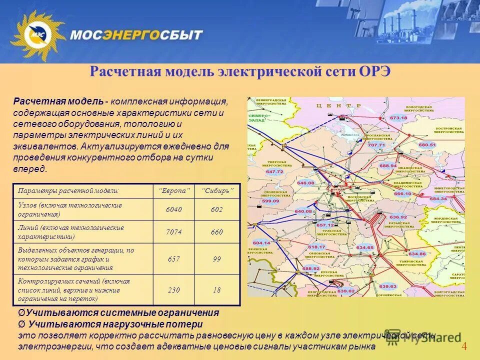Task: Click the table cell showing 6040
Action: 174,209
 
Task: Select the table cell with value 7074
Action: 174,232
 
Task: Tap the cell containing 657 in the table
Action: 174,259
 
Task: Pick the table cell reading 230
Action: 174,290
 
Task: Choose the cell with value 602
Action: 216,209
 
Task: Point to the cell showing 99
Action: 216,259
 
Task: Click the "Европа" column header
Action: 174,191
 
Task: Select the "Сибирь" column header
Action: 217,191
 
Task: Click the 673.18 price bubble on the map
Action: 398,117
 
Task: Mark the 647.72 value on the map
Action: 274,171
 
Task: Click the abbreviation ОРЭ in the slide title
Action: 374,71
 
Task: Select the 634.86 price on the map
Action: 416,254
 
